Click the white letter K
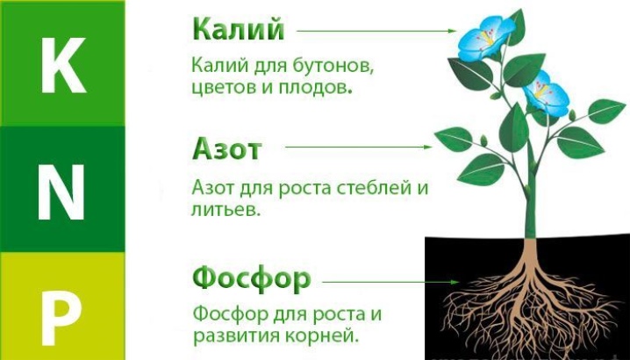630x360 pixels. point(63,65)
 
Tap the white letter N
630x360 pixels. point(61,192)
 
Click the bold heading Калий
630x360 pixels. point(239,29)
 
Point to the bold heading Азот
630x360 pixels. point(226,148)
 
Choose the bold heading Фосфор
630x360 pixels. point(252,278)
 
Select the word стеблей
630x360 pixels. point(375,188)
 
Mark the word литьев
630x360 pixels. point(226,210)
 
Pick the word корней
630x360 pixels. point(327,335)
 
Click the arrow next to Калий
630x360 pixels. point(376,31)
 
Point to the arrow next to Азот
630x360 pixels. point(358,147)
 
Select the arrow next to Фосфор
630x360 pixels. point(391,282)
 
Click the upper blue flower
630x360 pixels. point(485,39)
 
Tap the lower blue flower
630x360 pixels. point(547,93)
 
